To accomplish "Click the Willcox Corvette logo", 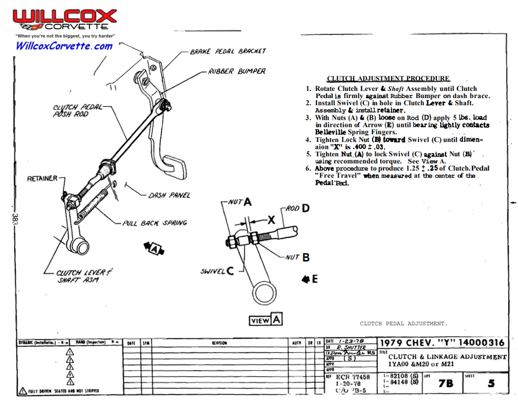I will (64, 21).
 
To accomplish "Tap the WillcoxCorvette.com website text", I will (64, 46).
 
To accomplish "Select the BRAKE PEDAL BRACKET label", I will (228, 52).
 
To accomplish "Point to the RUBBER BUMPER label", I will (237, 71).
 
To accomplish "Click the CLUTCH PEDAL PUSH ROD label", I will (77, 110).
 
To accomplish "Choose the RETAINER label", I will (42, 179).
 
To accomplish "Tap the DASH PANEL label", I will (169, 195).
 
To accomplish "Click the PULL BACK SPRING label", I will (154, 223).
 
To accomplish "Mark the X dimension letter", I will (271, 220).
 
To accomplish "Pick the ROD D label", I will (297, 208).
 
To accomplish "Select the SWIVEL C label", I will (217, 271).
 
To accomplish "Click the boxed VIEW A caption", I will (265, 320).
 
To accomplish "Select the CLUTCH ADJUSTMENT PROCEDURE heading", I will (388, 78).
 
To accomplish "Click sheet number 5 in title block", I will (491, 383).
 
